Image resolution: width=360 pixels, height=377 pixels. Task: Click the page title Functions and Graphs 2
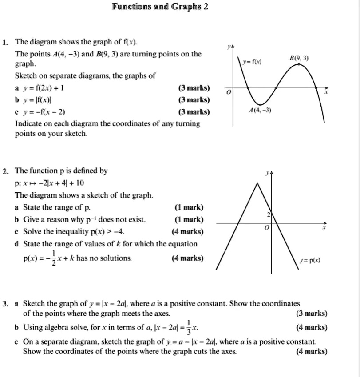[x=160, y=7]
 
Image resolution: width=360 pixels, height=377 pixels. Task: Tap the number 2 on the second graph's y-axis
[x=268, y=214]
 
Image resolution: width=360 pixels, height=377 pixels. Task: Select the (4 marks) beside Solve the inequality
[x=188, y=232]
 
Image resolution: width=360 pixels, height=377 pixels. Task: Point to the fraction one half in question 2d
[x=54, y=258]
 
